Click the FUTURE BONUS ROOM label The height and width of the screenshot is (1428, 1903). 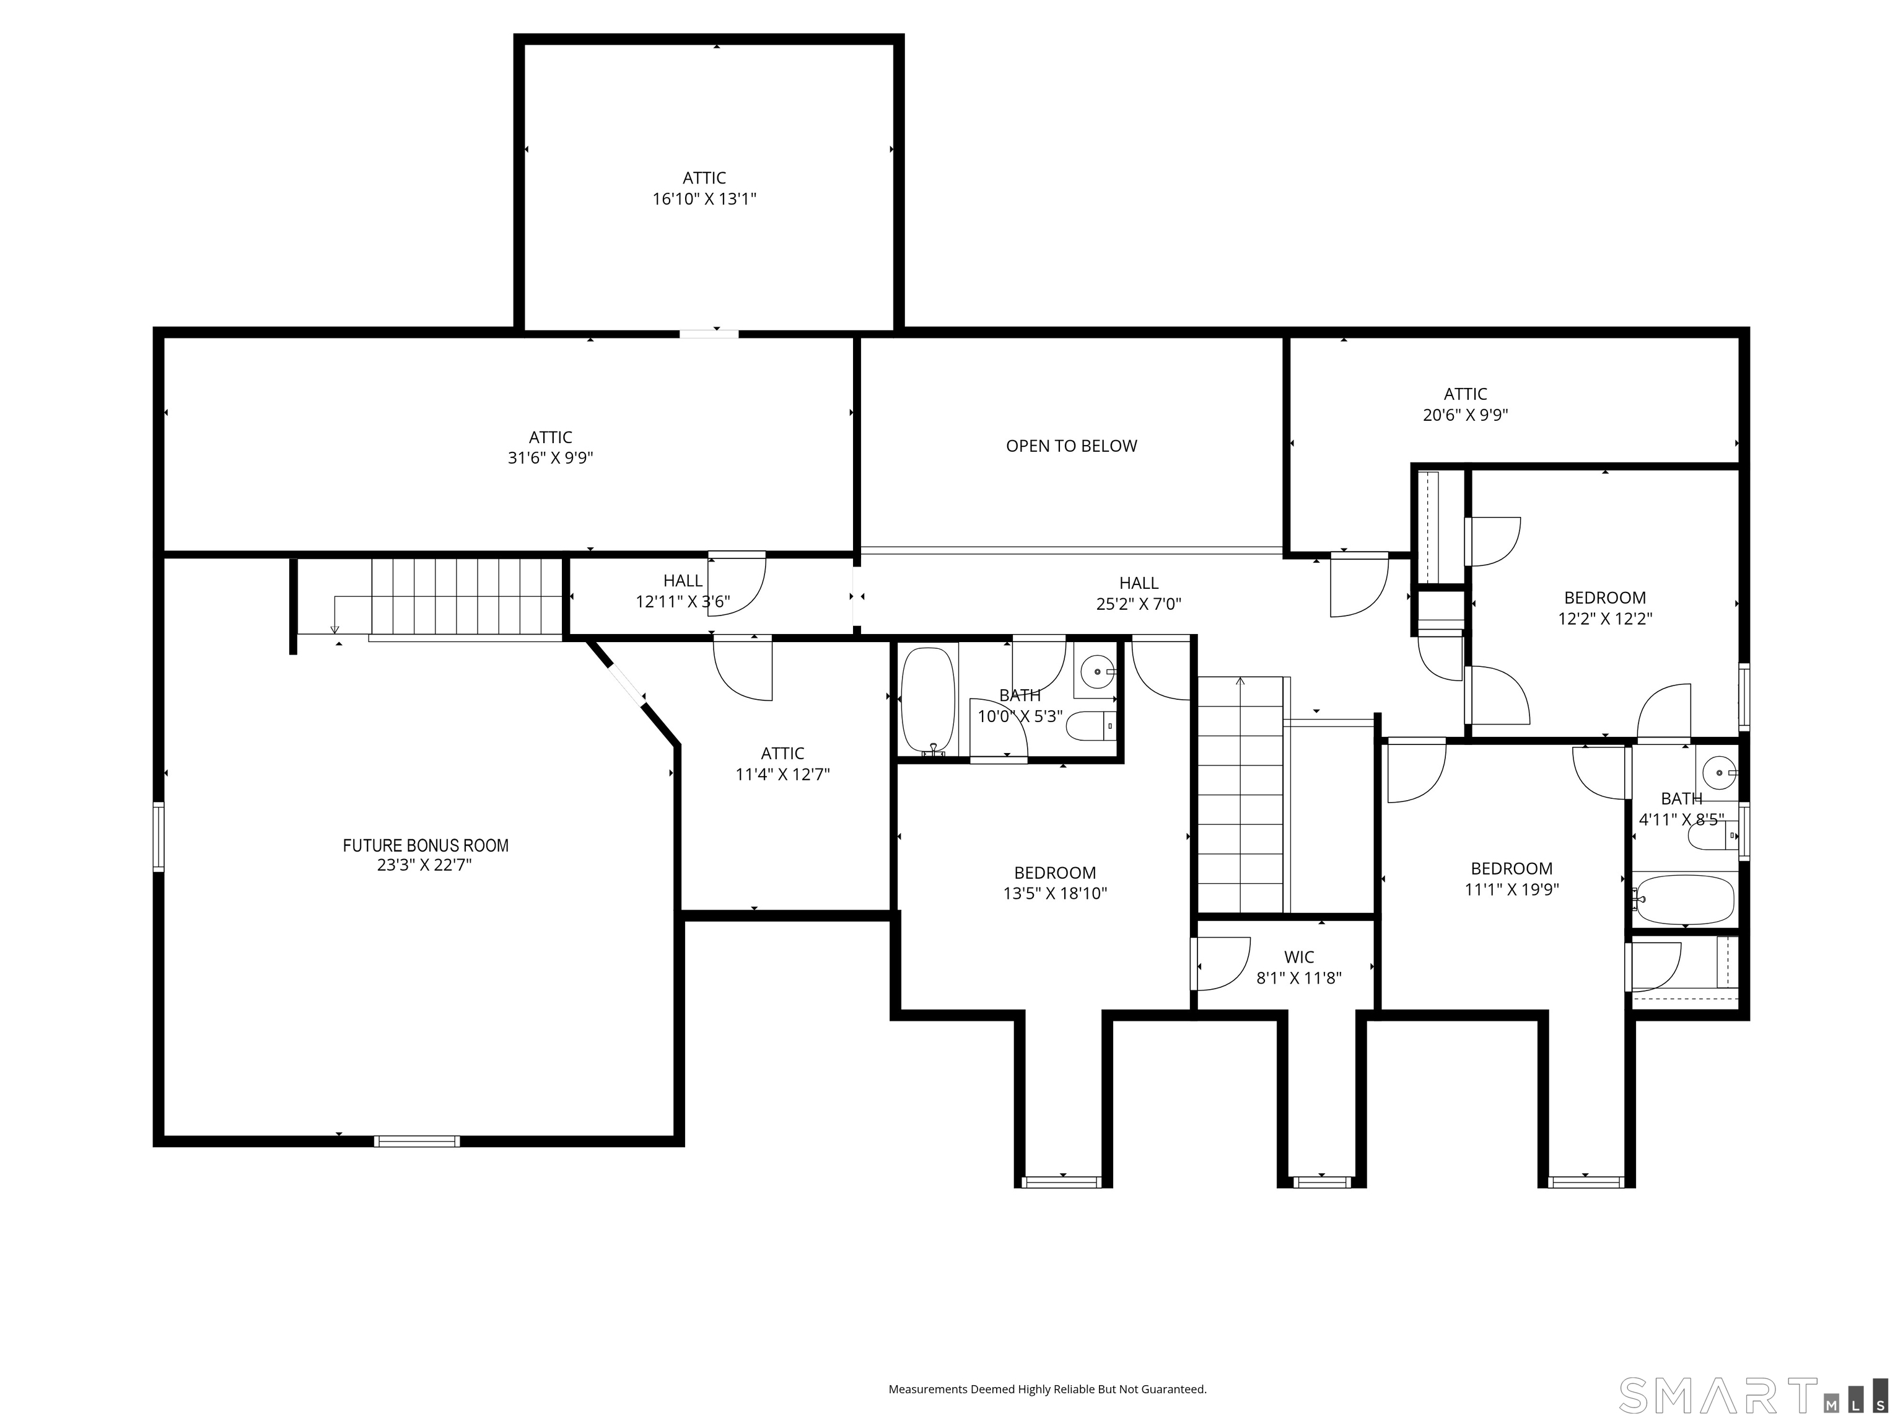pos(426,845)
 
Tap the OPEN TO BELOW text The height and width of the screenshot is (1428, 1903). pos(1071,446)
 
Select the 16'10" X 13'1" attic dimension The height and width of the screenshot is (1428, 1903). pos(704,199)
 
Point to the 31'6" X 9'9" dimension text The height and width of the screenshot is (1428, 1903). pos(551,458)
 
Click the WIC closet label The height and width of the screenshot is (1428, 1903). pos(1299,957)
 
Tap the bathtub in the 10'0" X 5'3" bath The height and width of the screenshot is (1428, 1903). pos(927,700)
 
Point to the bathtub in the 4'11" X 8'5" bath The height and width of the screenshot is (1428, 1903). pos(1684,901)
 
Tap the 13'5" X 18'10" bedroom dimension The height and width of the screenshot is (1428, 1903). pos(1055,894)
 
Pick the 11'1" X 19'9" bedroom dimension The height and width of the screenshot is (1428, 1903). pos(1511,889)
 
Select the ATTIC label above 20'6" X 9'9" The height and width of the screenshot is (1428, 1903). pos(1465,394)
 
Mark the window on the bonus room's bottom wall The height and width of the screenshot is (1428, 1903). pos(418,1142)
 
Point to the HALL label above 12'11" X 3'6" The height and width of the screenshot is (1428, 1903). pos(683,581)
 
